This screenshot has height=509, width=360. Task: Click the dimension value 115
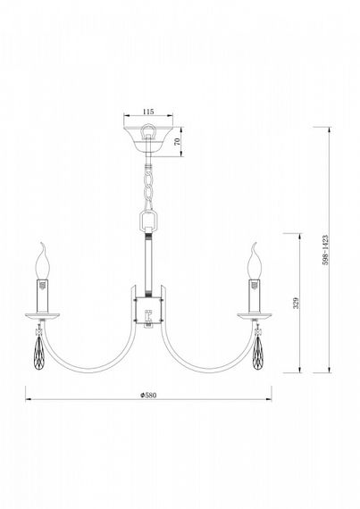point(149,113)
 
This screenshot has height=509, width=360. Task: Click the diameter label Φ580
point(148,395)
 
